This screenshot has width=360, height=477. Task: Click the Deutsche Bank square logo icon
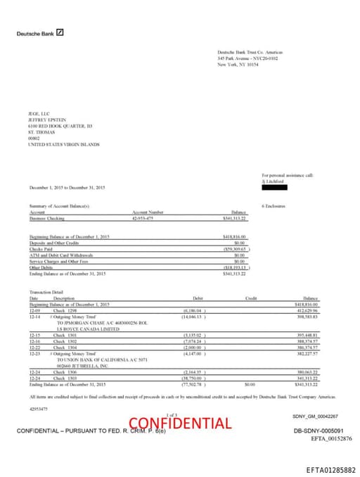[60, 32]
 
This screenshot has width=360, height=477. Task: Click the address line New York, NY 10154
[238, 64]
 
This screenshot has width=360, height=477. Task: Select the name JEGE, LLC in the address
[39, 113]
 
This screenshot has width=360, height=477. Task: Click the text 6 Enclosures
[274, 206]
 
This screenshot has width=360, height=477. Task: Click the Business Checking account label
[48, 219]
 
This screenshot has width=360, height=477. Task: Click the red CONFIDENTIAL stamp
[180, 423]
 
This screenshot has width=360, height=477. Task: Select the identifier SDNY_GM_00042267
[315, 416]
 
